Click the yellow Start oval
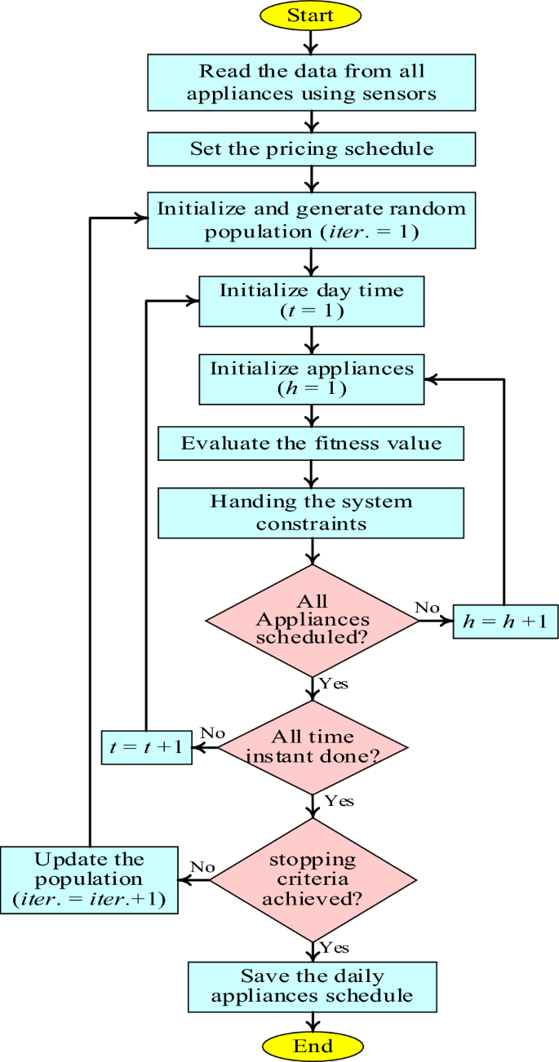(x=311, y=15)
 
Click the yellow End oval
(x=313, y=1047)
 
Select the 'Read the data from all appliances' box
(x=311, y=82)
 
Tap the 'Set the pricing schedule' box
(x=311, y=149)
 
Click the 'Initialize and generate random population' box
(x=311, y=220)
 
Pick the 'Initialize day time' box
(x=311, y=301)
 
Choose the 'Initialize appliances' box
(x=311, y=378)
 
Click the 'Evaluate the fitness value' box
(x=311, y=444)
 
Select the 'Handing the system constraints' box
(x=311, y=511)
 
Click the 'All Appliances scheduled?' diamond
(x=312, y=620)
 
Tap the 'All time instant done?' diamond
(x=312, y=746)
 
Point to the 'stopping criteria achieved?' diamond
(x=312, y=879)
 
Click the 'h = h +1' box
(x=505, y=622)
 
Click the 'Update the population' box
(x=89, y=880)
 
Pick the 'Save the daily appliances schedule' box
(x=313, y=985)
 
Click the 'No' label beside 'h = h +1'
(x=427, y=608)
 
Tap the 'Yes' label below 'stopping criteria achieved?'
(x=335, y=947)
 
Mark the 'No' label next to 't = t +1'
(x=212, y=733)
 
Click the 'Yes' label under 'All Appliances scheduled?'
(x=333, y=684)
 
